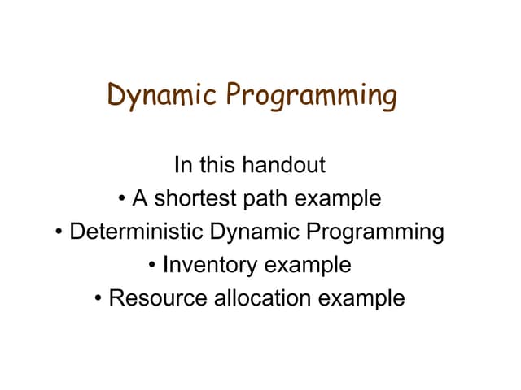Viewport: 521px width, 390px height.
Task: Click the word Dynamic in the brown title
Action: [x=163, y=96]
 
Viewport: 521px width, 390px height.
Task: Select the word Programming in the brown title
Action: [x=312, y=96]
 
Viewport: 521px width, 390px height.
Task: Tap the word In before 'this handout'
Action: [x=183, y=165]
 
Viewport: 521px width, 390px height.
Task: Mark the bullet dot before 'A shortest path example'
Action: [x=120, y=199]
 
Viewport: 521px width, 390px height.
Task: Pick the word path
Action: [x=265, y=198]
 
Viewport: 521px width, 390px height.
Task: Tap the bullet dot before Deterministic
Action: [x=60, y=232]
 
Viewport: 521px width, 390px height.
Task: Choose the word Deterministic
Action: [x=138, y=232]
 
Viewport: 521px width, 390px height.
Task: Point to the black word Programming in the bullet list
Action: [x=375, y=232]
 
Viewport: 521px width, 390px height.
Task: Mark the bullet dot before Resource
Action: [x=99, y=299]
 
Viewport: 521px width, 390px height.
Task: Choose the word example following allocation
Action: [x=361, y=299]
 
